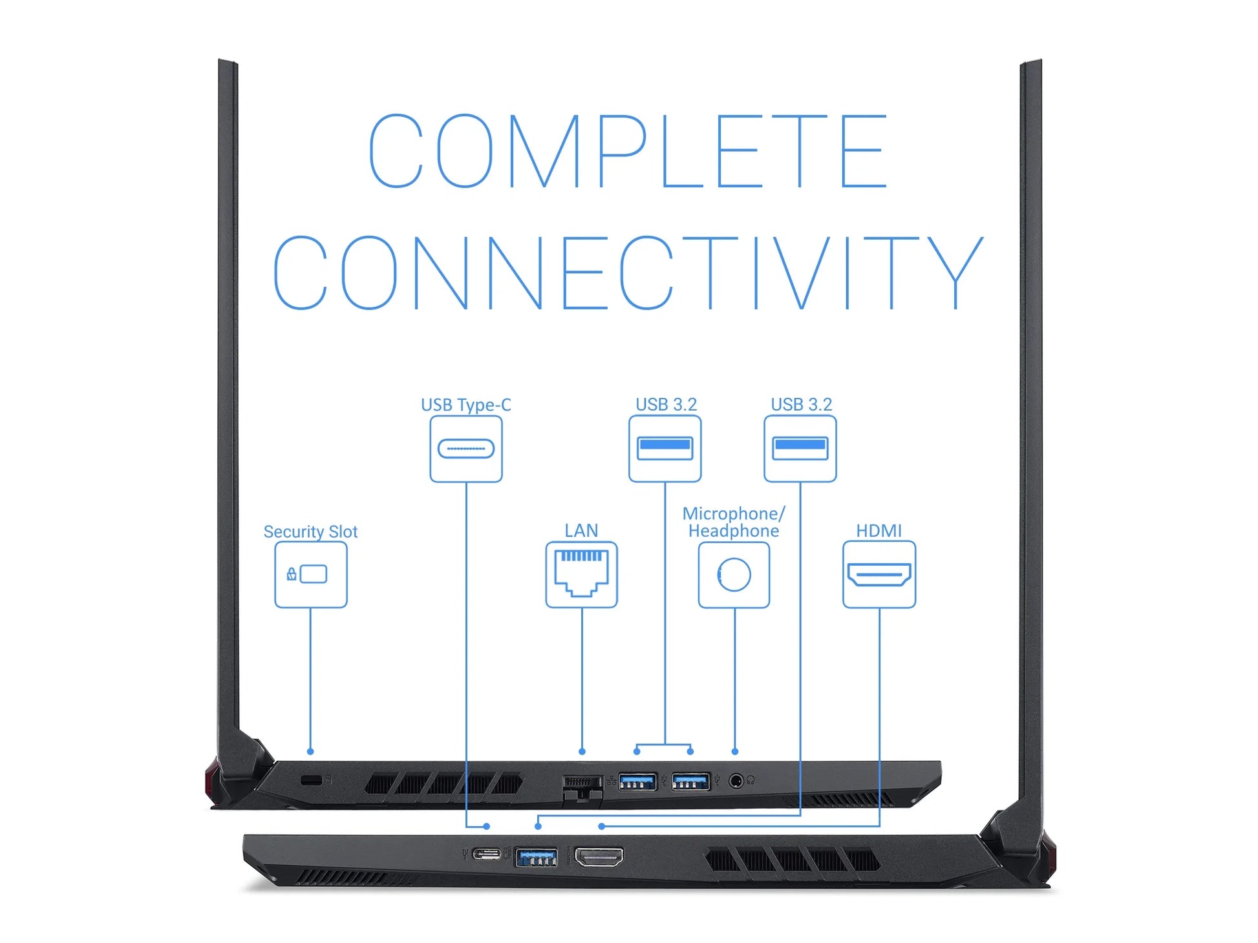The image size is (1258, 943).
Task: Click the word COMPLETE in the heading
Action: [628, 151]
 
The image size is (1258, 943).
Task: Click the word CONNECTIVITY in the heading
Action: [628, 272]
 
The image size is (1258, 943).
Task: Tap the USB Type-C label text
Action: [465, 405]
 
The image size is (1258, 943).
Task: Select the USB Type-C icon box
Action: [465, 448]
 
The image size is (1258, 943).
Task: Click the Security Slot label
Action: [310, 532]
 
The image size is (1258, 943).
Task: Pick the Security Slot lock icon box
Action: [310, 574]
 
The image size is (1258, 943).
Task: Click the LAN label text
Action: [581, 530]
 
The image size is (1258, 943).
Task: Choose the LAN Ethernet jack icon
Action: [581, 574]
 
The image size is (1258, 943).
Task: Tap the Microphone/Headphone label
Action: [734, 522]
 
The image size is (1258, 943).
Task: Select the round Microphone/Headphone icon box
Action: [734, 574]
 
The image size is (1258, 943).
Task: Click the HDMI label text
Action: [879, 530]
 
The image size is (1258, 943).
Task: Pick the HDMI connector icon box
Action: [879, 574]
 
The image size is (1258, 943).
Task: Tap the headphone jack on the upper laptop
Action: [736, 781]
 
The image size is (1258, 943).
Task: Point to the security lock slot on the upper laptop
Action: [312, 780]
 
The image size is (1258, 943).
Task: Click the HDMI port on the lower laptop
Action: [599, 857]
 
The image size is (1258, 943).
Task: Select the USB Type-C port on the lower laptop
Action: [486, 855]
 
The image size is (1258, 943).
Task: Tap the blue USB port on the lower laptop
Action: [536, 858]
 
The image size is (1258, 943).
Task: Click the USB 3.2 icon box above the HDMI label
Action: [800, 448]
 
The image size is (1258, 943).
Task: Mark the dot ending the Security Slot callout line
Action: [310, 751]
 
